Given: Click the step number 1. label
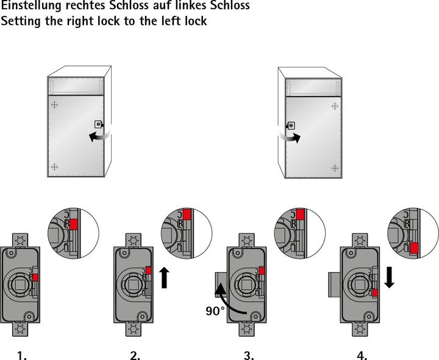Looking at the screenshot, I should [22, 355].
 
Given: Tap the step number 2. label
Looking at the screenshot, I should [135, 355].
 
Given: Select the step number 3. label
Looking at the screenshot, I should [248, 355].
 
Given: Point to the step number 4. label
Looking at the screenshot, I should [362, 355].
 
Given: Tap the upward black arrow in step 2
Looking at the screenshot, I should [164, 277].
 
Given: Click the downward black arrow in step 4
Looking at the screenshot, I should [390, 278].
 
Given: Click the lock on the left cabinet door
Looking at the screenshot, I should [98, 125].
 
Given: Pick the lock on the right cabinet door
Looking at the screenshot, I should [291, 125].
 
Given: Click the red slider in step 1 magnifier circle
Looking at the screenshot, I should [74, 224].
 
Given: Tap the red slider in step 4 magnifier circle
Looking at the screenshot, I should [414, 247].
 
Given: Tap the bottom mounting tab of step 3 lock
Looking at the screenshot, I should [247, 329].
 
